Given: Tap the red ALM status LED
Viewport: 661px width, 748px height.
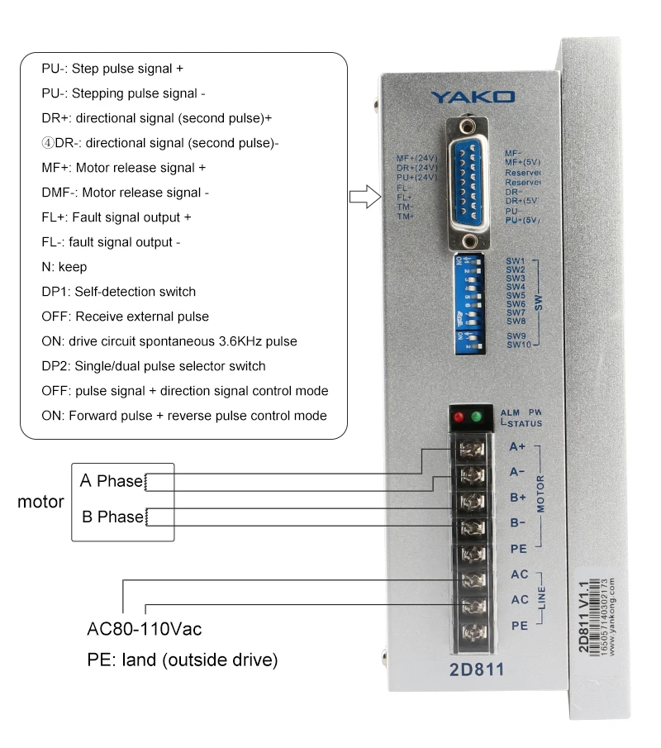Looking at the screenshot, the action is coord(456,417).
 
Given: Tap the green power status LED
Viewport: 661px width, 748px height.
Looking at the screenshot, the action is coord(475,417).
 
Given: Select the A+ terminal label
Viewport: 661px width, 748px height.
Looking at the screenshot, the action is coord(517,447).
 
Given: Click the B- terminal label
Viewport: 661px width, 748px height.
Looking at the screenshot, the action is coord(517,522).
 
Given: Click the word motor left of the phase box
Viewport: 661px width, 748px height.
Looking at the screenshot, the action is coord(41,502).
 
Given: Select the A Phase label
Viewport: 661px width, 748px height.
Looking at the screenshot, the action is coord(111,481).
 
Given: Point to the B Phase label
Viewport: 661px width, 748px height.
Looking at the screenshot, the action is coord(112,517).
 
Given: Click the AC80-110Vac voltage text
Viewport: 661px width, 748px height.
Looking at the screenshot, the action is coord(145,630).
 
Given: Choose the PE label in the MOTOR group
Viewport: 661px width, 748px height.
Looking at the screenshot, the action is coord(519,548).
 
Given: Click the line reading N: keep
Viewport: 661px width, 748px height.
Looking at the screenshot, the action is coord(64,267).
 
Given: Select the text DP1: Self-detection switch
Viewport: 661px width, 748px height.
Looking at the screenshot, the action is coord(119,292).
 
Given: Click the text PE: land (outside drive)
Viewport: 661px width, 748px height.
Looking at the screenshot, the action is coord(182,660).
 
